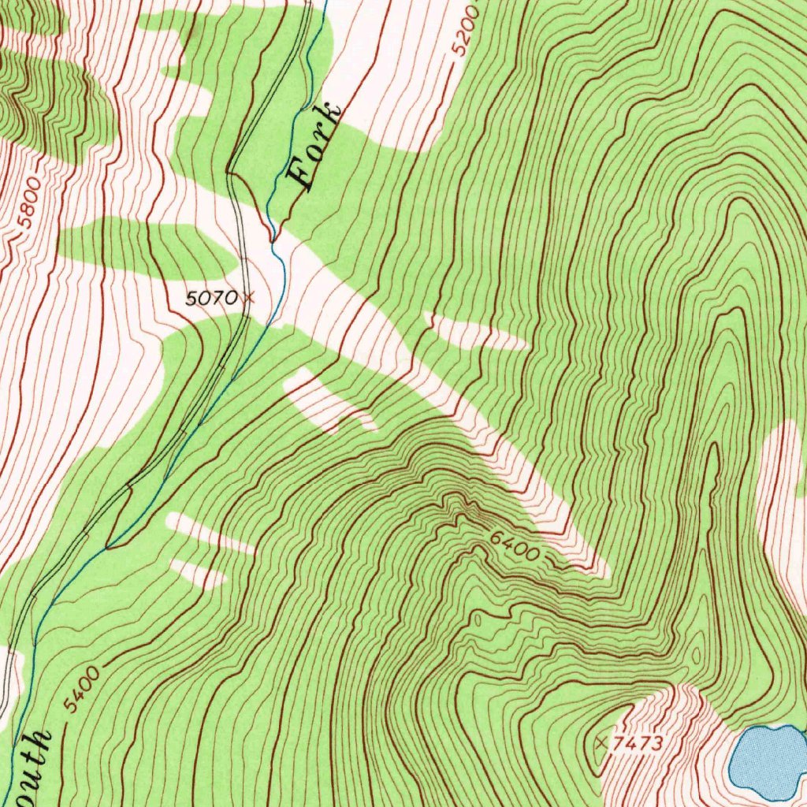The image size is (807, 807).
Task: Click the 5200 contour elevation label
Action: pyautogui.click(x=466, y=30)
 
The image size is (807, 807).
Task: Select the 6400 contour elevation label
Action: pyautogui.click(x=514, y=545)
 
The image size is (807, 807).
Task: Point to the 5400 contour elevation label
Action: pyautogui.click(x=82, y=689)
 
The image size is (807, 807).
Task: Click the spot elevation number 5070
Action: pyautogui.click(x=210, y=298)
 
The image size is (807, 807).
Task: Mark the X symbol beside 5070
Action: pyautogui.click(x=250, y=297)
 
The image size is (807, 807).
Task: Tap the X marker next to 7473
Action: pyautogui.click(x=602, y=742)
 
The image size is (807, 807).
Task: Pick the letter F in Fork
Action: pyautogui.click(x=303, y=175)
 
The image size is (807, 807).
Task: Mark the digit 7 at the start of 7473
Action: pyautogui.click(x=619, y=743)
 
